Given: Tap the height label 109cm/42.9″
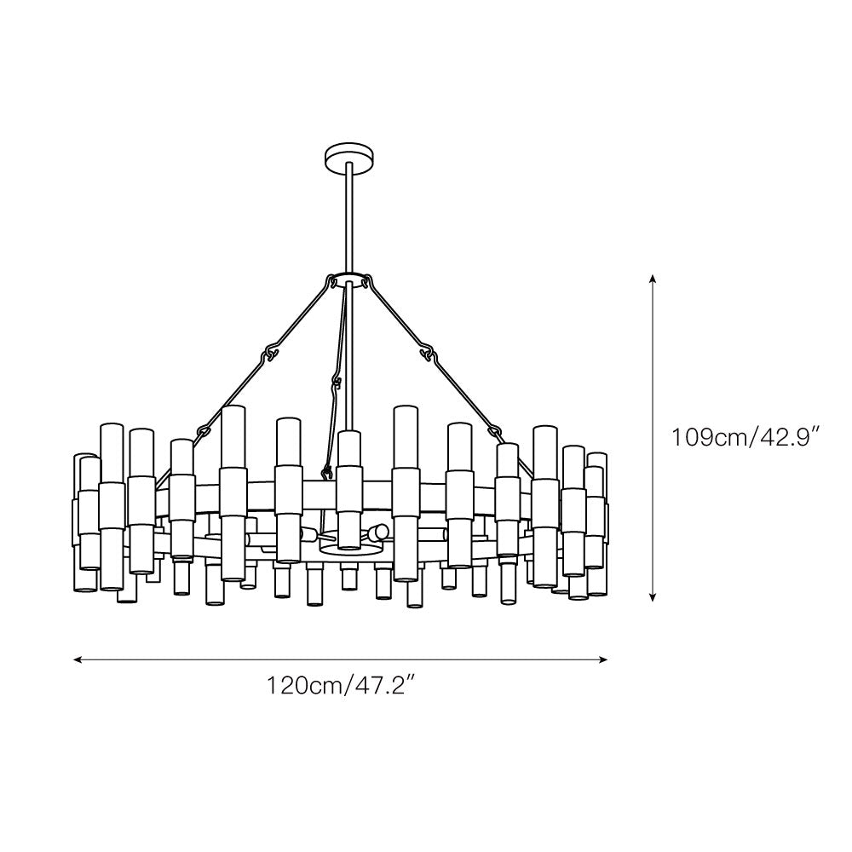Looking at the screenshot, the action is pyautogui.click(x=746, y=437).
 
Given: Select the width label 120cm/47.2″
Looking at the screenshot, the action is pyautogui.click(x=342, y=686).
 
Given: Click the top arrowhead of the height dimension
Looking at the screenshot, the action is pyautogui.click(x=653, y=279).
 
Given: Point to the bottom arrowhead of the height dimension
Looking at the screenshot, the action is pyautogui.click(x=653, y=596).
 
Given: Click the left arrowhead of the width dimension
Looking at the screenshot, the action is pyautogui.click(x=78, y=659).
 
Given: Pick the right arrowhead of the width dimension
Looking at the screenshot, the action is pyautogui.click(x=602, y=659).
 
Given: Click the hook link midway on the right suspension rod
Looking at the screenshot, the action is pyautogui.click(x=429, y=354).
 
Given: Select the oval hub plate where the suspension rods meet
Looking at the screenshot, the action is pyautogui.click(x=348, y=279).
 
